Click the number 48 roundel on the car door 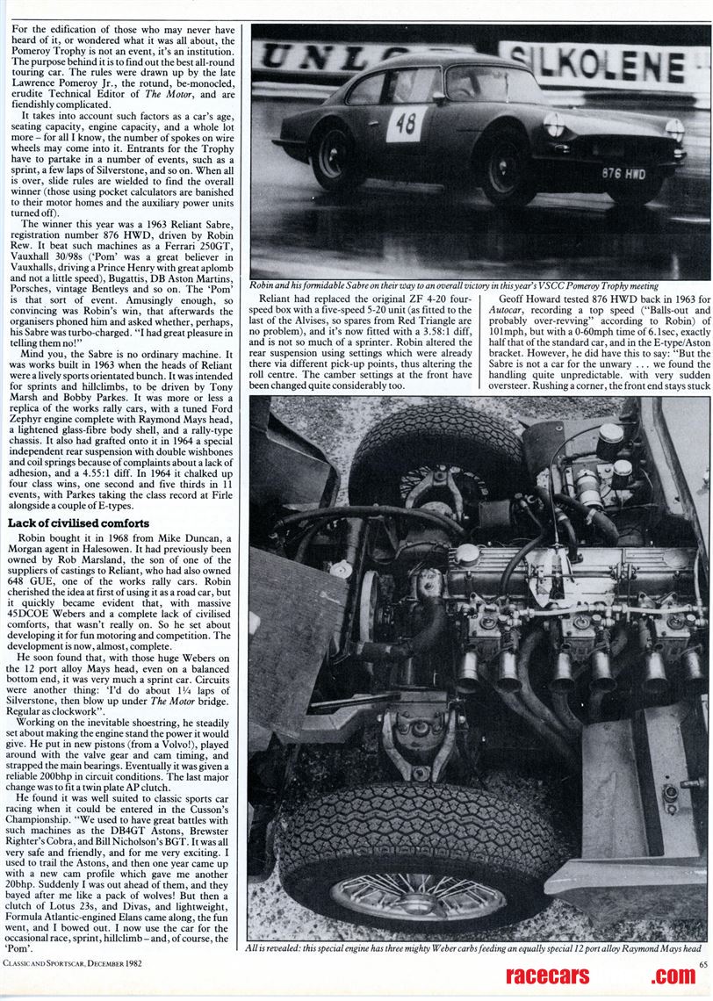point(406,124)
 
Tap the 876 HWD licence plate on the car point(623,173)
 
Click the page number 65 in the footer point(703,965)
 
